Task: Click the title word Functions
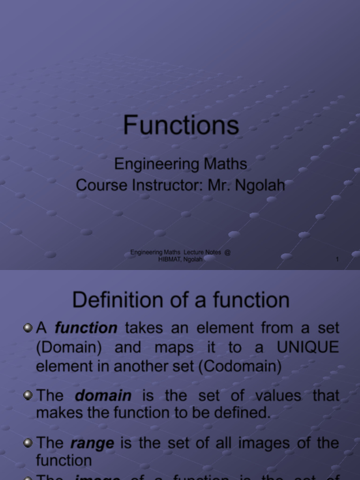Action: [181, 125]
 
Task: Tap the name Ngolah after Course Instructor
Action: [260, 185]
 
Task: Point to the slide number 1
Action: [337, 260]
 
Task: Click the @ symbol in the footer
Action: [227, 252]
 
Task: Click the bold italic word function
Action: [86, 328]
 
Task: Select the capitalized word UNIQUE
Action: [307, 347]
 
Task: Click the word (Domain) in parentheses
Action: [65, 347]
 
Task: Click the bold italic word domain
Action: [103, 396]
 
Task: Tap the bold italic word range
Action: [92, 443]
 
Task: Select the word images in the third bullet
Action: [243, 443]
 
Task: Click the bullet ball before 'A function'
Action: [28, 327]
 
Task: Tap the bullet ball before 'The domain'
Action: [28, 395]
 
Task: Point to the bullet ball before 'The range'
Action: [28, 442]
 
